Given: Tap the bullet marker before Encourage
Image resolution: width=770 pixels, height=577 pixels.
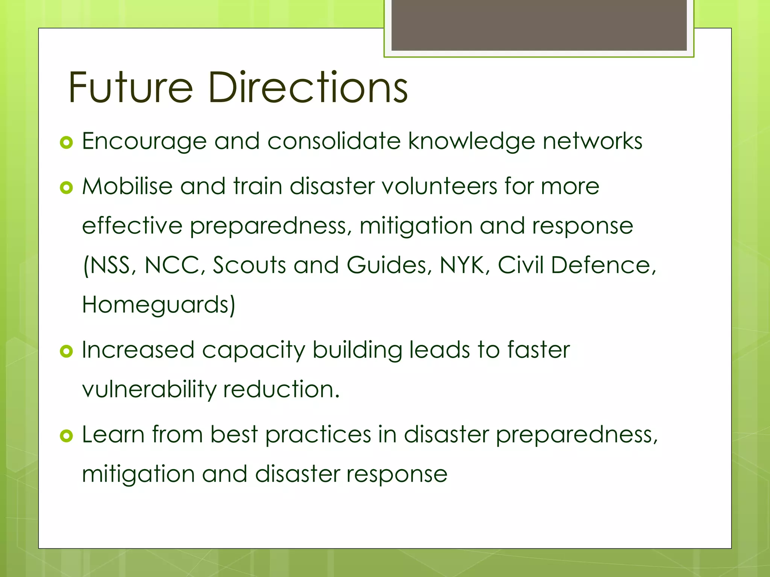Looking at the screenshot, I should [66, 143].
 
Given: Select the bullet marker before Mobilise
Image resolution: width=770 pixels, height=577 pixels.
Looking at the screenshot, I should [66, 187].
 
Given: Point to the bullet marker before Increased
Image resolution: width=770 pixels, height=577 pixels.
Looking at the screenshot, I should [66, 351].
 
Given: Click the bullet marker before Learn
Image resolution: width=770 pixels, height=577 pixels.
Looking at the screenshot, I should [66, 436].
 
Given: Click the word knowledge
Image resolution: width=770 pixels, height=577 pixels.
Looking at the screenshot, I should [471, 142].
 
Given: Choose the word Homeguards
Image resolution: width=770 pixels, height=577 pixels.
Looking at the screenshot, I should [158, 305].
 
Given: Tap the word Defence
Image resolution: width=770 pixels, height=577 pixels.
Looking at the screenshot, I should [603, 265].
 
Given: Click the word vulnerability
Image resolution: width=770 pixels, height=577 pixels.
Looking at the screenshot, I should [149, 390].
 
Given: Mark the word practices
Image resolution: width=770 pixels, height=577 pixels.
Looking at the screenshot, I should [318, 435].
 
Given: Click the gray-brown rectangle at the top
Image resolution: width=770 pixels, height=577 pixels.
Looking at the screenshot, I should [539, 25].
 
